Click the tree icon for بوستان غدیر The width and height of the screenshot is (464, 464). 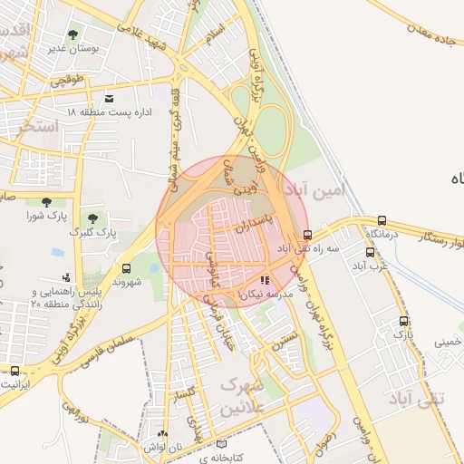click(72, 34)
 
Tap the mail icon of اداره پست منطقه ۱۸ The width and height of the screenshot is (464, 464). click(110, 98)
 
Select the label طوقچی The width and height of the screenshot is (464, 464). click(70, 80)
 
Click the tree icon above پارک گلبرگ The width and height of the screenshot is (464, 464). click(92, 218)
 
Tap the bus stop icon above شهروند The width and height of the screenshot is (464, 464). click(125, 268)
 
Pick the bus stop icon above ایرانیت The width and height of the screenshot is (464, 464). click(14, 370)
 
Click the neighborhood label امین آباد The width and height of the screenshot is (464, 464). click(316, 191)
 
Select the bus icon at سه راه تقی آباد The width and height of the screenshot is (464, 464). click(307, 236)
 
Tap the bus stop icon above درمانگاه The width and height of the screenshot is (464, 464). click(382, 220)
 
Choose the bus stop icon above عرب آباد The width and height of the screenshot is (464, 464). click(370, 253)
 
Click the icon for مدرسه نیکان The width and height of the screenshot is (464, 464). click(265, 281)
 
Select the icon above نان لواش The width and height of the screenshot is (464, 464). click(162, 434)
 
